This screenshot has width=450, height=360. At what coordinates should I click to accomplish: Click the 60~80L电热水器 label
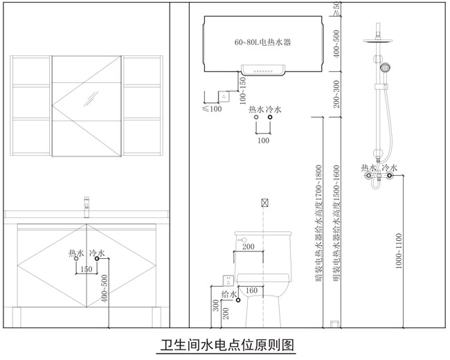pyautogui.click(x=262, y=42)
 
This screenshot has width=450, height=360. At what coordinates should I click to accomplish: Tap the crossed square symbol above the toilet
pyautogui.click(x=264, y=204)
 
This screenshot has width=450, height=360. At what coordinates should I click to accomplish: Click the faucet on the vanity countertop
pyautogui.click(x=87, y=204)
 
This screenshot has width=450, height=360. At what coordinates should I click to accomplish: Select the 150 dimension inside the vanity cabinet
pyautogui.click(x=86, y=269)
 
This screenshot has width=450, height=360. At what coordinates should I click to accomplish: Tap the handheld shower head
pyautogui.click(x=385, y=68)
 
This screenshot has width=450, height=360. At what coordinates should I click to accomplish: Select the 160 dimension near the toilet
pyautogui.click(x=252, y=290)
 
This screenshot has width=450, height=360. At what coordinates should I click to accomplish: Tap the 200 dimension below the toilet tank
pyautogui.click(x=248, y=246)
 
